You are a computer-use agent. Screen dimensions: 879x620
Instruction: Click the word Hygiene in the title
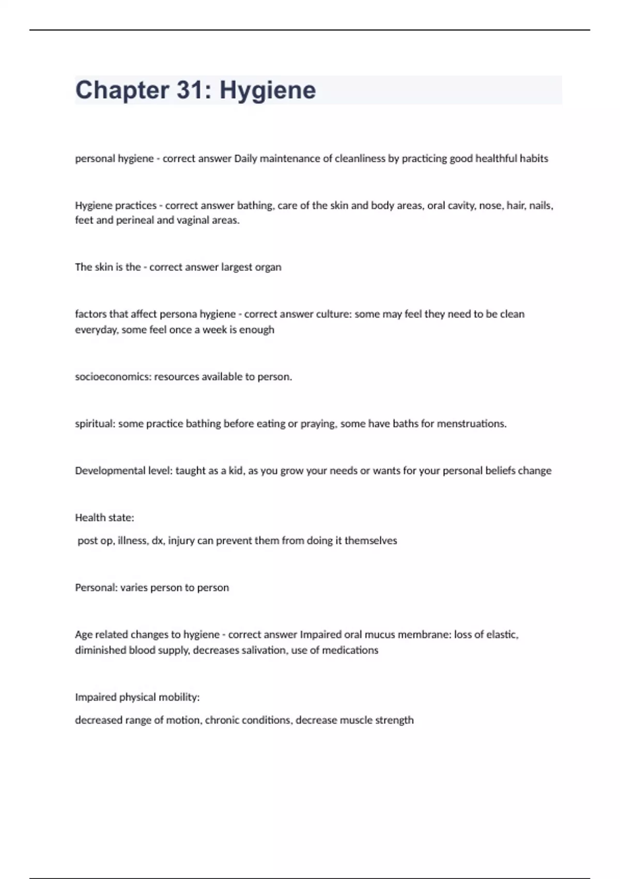(268, 90)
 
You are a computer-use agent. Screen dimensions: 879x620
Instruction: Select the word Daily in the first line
(245, 159)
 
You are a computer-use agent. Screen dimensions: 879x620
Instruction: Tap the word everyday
(96, 330)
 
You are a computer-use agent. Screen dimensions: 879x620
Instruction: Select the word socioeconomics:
(113, 377)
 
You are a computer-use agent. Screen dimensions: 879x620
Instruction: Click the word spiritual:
(95, 424)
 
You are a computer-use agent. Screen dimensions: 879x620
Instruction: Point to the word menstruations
(472, 424)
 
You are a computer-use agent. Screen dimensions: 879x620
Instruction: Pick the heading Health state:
(104, 518)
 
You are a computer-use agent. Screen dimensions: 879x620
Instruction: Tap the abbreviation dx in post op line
(158, 541)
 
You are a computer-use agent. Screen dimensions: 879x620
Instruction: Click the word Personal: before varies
(96, 588)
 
